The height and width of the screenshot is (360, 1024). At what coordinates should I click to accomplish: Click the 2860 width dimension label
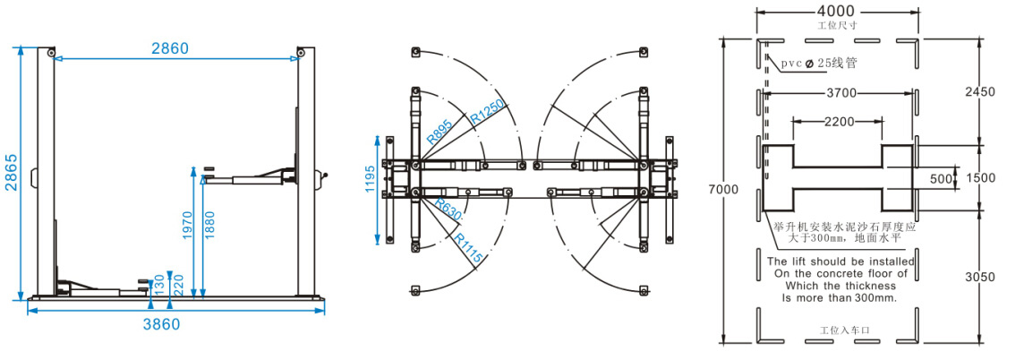pos(169,48)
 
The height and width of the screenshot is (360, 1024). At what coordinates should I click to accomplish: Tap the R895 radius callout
pos(439,133)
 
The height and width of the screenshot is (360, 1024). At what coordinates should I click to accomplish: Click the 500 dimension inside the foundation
pos(941,178)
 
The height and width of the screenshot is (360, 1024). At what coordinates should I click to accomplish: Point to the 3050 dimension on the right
pos(980,277)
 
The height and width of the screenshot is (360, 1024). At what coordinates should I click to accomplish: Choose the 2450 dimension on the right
pos(979,91)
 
